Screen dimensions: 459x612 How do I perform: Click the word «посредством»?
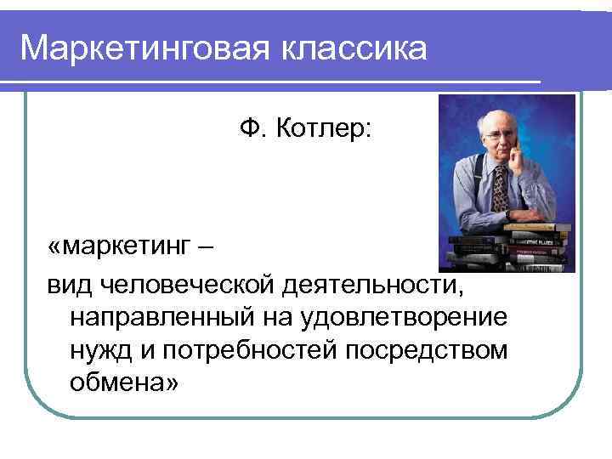click(431, 351)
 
